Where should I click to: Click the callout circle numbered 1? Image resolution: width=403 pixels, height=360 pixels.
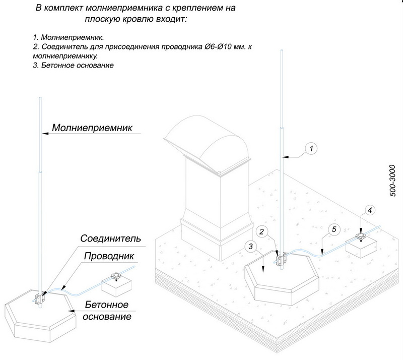(312, 148)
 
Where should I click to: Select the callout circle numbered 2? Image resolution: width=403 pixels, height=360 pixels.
(261, 231)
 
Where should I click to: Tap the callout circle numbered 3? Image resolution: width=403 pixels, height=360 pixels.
(251, 246)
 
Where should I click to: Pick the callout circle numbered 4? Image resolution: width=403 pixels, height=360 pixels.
(369, 209)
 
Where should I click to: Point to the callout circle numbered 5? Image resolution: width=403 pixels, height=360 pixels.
(331, 229)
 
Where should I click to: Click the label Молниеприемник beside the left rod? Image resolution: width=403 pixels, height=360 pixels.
(93, 128)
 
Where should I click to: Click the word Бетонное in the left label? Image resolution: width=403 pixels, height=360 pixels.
(106, 306)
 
